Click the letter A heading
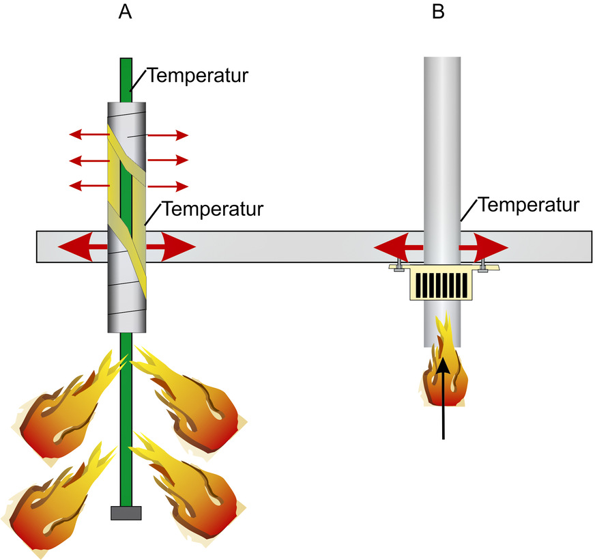[126, 12]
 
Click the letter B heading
[439, 12]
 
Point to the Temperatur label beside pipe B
[529, 204]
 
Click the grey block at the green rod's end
[126, 513]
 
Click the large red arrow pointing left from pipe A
[78, 246]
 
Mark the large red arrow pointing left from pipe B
[396, 246]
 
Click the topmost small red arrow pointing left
[89, 135]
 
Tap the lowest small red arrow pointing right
[168, 186]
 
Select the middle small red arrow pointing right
[168, 160]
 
